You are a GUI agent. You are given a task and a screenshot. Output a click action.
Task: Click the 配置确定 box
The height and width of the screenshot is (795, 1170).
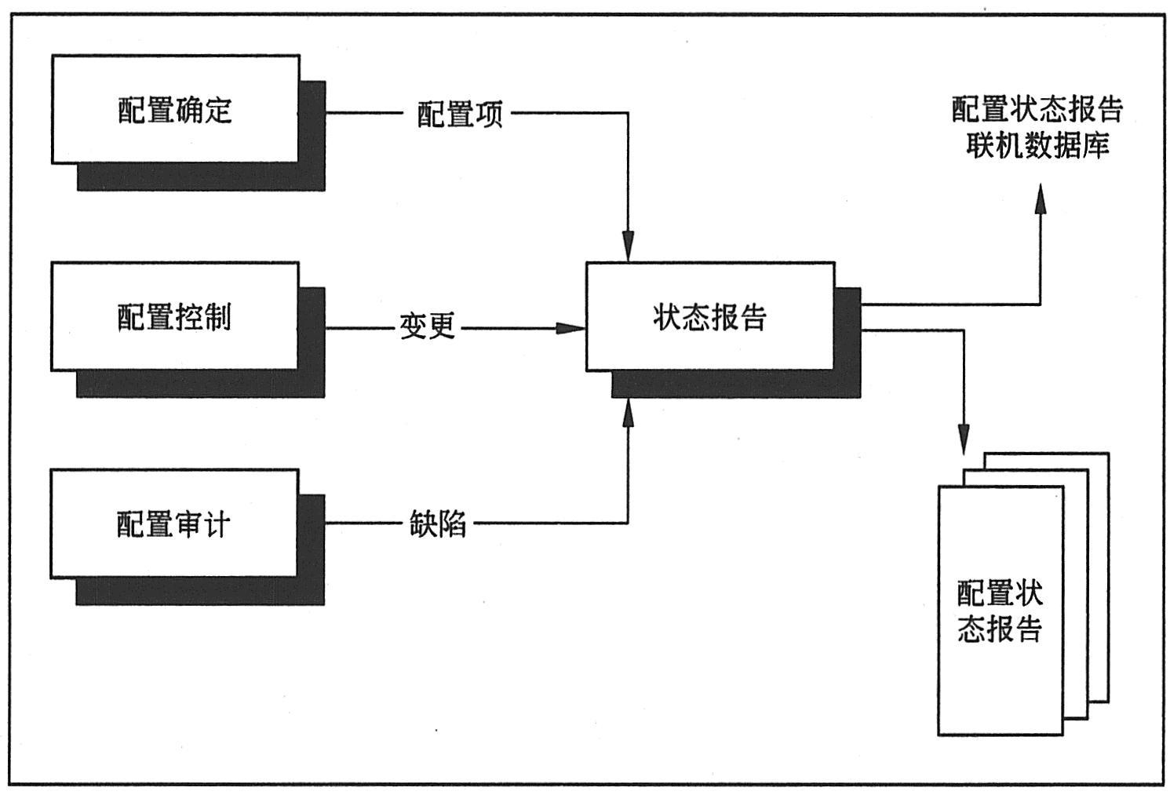click(x=175, y=109)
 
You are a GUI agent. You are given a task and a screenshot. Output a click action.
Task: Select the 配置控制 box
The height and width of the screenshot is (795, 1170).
click(x=174, y=316)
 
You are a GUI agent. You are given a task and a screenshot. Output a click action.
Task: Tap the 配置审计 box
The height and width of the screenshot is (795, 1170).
click(x=173, y=523)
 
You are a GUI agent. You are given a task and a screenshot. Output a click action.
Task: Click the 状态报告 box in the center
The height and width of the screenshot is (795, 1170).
click(x=709, y=316)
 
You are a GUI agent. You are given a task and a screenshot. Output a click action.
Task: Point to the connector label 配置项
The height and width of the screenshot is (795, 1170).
click(x=459, y=115)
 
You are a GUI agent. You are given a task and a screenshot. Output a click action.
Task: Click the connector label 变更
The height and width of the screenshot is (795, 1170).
click(x=428, y=326)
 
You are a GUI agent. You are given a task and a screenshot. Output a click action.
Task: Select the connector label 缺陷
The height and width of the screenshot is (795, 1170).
click(x=437, y=523)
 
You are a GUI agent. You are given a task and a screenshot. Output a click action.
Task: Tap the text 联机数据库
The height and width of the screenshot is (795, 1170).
click(x=1037, y=146)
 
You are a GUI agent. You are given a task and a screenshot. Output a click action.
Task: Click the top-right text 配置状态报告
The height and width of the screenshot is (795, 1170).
click(x=1037, y=109)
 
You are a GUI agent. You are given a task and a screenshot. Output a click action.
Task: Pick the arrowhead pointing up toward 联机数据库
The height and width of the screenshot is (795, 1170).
click(x=1041, y=200)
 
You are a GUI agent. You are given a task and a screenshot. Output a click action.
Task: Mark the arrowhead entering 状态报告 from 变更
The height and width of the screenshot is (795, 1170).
click(x=570, y=327)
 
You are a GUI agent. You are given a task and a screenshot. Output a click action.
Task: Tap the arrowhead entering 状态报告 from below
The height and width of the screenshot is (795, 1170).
click(x=628, y=412)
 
